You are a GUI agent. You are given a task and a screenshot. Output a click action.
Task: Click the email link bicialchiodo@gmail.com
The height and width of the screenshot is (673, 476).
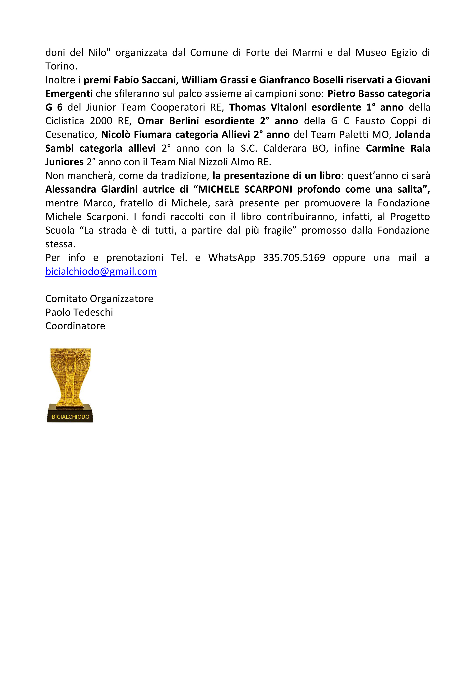[x=101, y=271]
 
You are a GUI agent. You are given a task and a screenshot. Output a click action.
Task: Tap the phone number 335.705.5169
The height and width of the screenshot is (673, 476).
[x=294, y=258]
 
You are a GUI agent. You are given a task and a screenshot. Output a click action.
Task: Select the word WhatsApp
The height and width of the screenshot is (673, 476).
[x=232, y=258]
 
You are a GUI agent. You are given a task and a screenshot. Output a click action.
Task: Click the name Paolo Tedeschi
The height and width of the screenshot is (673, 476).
[x=79, y=312]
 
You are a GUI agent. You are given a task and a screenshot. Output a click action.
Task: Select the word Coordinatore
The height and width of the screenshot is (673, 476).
[x=75, y=326]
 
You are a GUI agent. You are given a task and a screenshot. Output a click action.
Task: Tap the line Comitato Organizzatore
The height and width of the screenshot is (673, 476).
[x=99, y=299]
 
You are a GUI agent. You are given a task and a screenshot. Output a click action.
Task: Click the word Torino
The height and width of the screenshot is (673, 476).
[x=61, y=66]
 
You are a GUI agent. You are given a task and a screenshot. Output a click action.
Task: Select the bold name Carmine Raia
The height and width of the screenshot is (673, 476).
[x=398, y=148]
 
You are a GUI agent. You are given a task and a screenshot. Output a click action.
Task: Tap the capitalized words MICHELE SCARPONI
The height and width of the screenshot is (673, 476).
[x=245, y=189]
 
